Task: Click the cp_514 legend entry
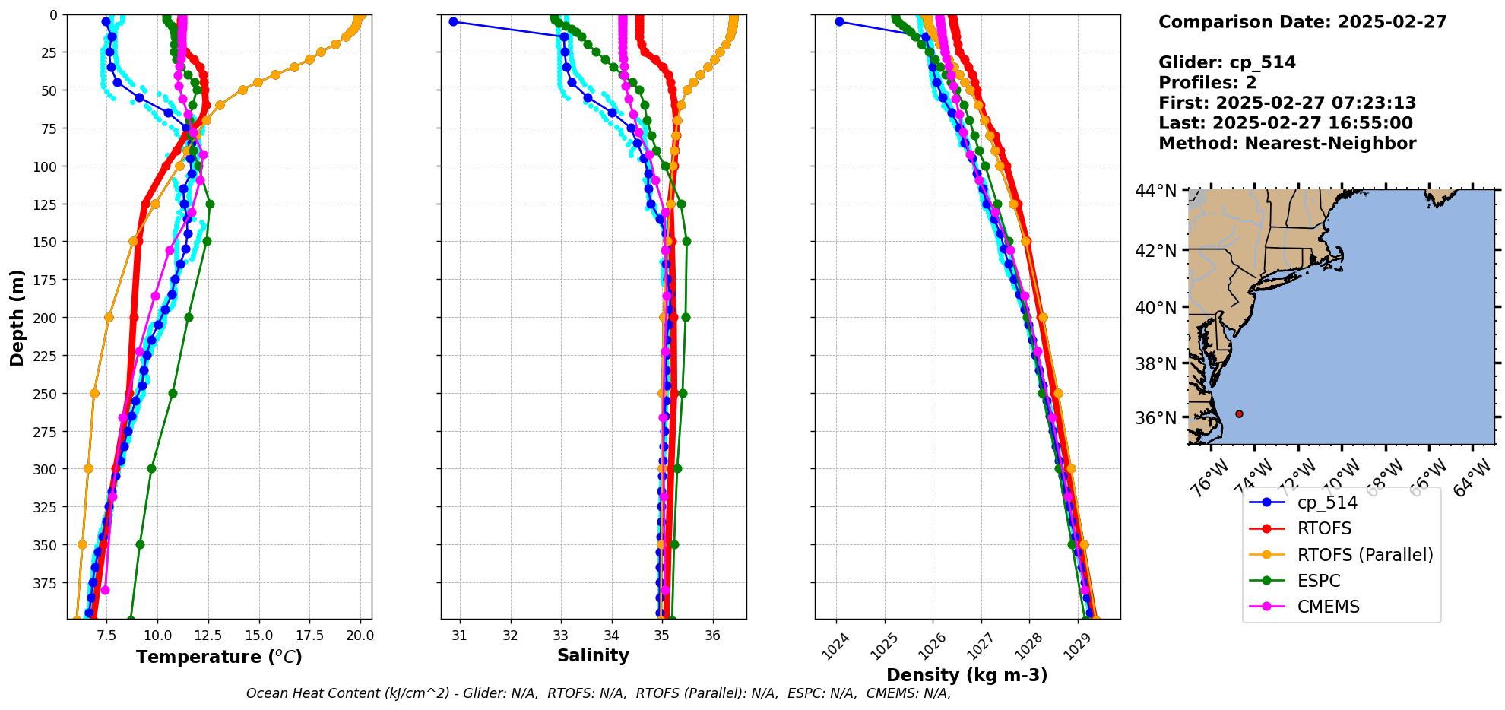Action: point(1326,502)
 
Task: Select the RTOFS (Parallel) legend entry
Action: point(1364,555)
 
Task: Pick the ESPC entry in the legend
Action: point(1319,581)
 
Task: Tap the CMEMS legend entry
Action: point(1328,607)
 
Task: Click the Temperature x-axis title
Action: point(219,657)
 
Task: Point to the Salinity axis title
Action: point(593,655)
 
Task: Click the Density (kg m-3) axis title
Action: point(967,675)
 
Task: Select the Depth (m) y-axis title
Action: point(17,317)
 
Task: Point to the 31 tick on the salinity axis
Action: point(460,636)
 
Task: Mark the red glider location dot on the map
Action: point(1239,414)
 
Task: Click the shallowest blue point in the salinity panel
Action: point(453,21)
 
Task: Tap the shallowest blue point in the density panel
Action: point(839,21)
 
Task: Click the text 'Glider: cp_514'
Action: point(1227,62)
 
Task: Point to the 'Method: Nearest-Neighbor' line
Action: point(1287,144)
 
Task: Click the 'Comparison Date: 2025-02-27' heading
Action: point(1302,22)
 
